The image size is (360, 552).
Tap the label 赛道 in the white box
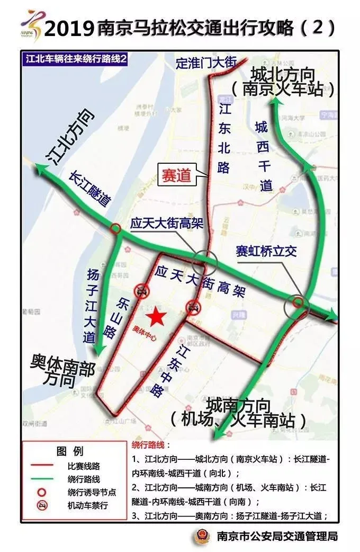point(176,176)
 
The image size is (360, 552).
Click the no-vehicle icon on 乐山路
point(141,290)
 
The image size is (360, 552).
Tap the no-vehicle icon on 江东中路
point(193,306)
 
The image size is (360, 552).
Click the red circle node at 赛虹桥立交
point(299,302)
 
